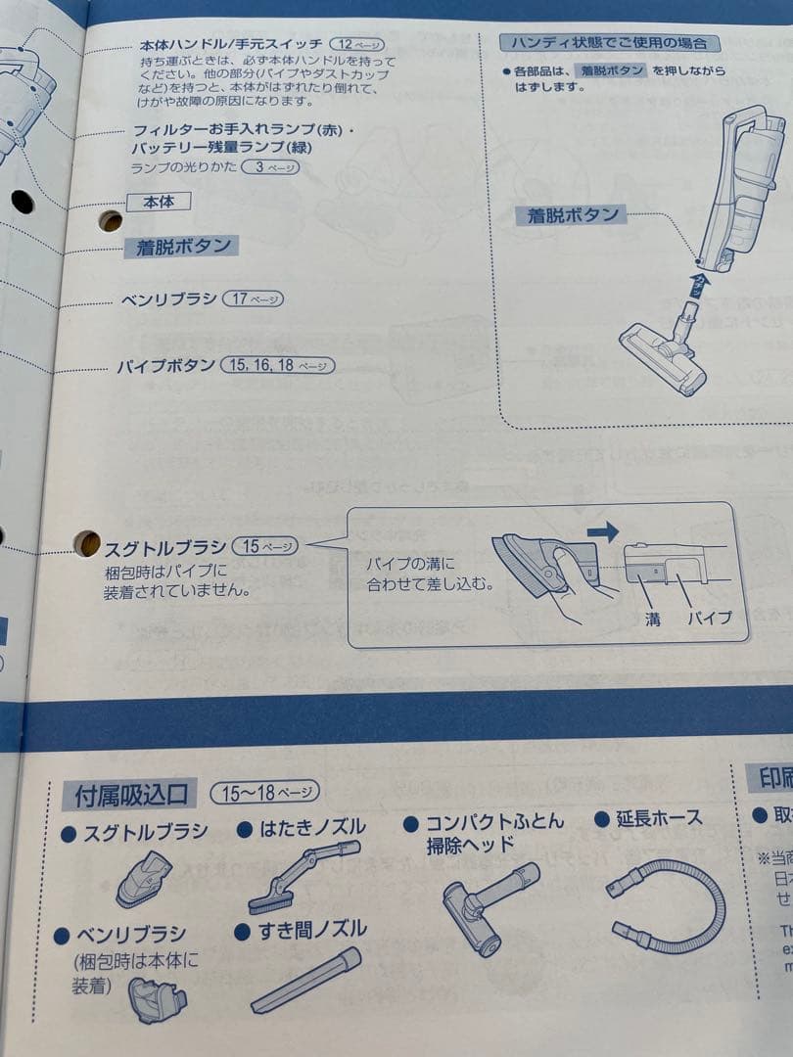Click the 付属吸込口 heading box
click(130, 793)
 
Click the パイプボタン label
click(165, 366)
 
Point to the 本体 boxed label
click(158, 203)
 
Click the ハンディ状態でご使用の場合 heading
click(609, 43)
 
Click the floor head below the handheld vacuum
click(663, 357)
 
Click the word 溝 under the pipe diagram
click(652, 619)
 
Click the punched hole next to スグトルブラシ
click(87, 542)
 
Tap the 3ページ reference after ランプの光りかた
click(270, 167)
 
